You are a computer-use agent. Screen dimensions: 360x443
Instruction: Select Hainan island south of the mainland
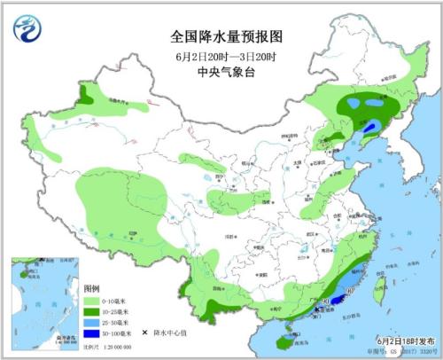(x=283, y=338)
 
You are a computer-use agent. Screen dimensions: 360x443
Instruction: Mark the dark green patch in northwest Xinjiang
(x=87, y=93)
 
